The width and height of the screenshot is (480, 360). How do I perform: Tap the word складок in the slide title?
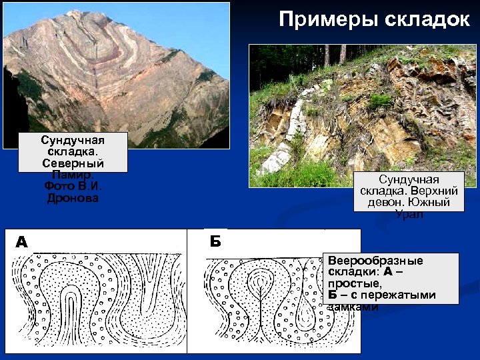(426, 19)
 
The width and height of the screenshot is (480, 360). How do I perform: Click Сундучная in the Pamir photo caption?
(73, 141)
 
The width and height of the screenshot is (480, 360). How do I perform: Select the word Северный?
(73, 163)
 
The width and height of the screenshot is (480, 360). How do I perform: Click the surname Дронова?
(73, 198)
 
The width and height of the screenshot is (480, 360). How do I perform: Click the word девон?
(387, 203)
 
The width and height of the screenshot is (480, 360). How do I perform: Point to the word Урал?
(408, 214)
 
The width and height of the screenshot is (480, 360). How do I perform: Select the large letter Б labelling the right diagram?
(215, 241)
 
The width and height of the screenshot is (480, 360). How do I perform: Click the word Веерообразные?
(375, 261)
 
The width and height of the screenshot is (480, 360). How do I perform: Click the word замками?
(353, 307)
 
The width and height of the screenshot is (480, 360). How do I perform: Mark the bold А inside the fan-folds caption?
(387, 272)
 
